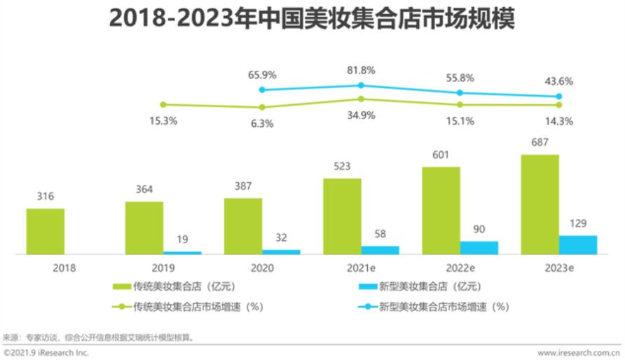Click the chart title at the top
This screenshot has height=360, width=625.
(x=312, y=19)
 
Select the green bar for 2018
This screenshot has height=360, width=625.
(x=46, y=231)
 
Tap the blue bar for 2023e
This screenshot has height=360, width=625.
(x=578, y=244)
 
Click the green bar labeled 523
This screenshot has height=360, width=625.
(x=342, y=216)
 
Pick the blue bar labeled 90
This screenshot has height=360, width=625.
(x=479, y=247)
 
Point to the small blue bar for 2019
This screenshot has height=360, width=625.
(x=182, y=252)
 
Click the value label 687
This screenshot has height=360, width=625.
(x=540, y=142)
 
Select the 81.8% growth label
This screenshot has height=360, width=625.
(x=361, y=70)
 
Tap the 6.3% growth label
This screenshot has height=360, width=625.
(x=261, y=123)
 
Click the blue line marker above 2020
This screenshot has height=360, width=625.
(x=262, y=90)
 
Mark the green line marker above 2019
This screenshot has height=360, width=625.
(x=163, y=104)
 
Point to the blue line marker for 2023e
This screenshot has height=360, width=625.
(x=559, y=97)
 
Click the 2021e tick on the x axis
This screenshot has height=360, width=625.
(x=361, y=268)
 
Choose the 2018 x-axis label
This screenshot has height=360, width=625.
(x=64, y=268)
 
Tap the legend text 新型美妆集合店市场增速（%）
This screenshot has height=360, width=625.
(x=444, y=306)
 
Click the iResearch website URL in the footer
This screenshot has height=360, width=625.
(x=579, y=353)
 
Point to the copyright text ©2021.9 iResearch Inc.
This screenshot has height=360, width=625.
(x=46, y=353)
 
